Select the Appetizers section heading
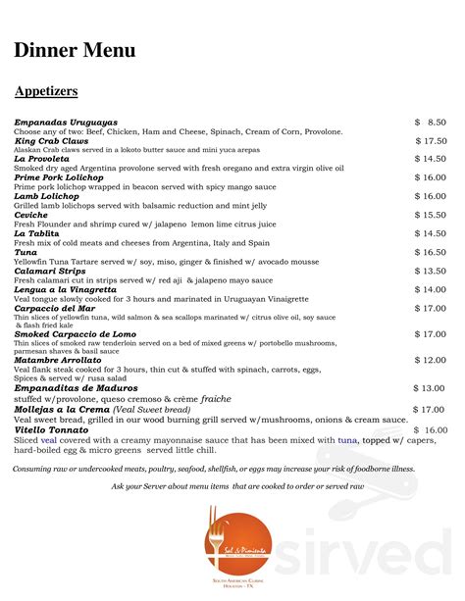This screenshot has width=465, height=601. (x=46, y=91)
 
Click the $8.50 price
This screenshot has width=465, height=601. (x=431, y=122)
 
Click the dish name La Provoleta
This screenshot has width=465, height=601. (x=41, y=159)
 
